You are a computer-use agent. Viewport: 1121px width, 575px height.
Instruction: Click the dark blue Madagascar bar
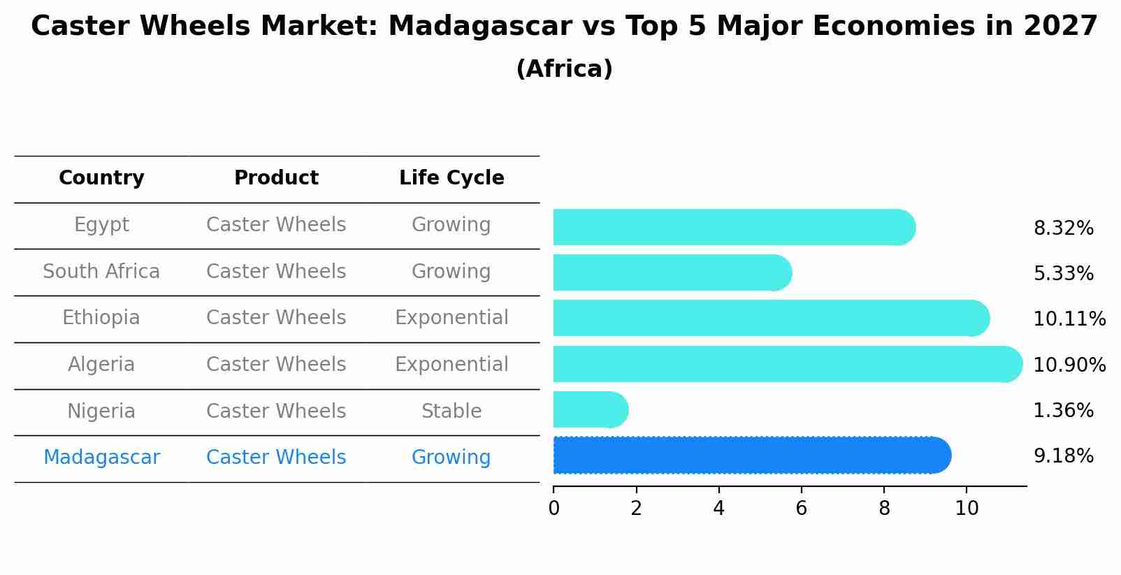click(x=752, y=455)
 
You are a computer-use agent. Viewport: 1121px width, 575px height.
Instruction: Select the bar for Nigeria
click(x=591, y=409)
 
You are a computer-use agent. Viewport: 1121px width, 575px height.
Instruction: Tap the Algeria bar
click(x=788, y=364)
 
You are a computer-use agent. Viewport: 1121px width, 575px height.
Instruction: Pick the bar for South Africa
click(x=672, y=272)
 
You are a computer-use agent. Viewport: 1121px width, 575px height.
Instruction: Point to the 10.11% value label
click(x=1069, y=319)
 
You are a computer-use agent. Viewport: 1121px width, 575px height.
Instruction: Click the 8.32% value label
click(x=1064, y=228)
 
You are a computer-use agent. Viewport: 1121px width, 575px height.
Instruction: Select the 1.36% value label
click(x=1064, y=410)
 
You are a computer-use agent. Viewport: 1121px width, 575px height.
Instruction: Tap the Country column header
click(x=101, y=177)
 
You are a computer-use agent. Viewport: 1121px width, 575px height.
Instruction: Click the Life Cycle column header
click(x=451, y=177)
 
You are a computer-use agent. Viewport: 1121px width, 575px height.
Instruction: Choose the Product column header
click(x=276, y=177)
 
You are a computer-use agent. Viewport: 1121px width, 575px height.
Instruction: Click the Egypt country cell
click(x=101, y=225)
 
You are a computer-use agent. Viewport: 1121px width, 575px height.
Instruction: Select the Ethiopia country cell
click(x=101, y=317)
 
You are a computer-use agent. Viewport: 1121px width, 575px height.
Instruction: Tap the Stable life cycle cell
click(x=451, y=411)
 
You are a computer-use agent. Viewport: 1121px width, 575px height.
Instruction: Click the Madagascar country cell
click(x=101, y=457)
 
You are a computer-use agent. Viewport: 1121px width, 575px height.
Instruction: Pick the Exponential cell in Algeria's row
click(x=451, y=364)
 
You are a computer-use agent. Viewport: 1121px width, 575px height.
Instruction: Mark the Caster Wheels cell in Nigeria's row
click(x=276, y=411)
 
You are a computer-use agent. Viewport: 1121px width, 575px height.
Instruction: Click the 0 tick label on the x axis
click(x=554, y=508)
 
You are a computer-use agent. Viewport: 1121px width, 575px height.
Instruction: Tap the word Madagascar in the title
click(x=480, y=26)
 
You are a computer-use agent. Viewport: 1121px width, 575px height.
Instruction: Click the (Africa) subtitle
click(x=565, y=68)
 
